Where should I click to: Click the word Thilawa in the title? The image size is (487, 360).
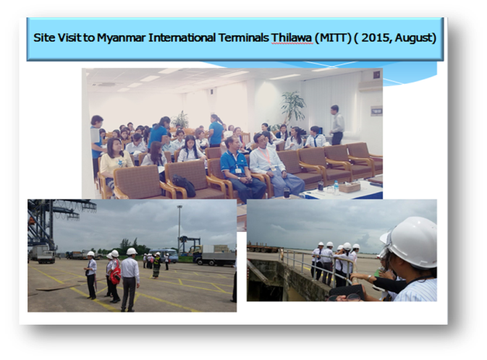click(292, 38)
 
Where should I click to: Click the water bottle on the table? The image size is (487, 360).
click(336, 187)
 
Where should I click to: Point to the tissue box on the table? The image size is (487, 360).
click(350, 187)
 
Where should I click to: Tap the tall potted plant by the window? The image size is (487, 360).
click(292, 107)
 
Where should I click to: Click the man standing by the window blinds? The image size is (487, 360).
click(336, 125)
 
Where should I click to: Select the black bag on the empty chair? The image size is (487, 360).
click(184, 185)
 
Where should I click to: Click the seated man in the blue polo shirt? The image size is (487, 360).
click(239, 169)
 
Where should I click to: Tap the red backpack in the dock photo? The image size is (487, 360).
click(115, 273)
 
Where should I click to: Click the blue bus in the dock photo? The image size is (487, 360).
click(164, 255)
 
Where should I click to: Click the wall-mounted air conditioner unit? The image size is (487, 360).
click(370, 85)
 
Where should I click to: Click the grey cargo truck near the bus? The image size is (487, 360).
click(214, 255)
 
